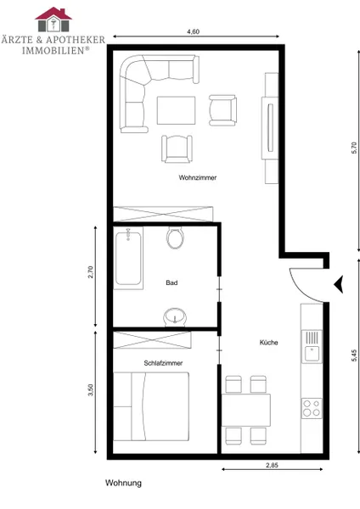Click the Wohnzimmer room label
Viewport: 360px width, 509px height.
point(198,177)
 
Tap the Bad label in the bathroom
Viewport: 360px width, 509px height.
point(172,282)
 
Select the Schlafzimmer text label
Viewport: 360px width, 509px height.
point(163,363)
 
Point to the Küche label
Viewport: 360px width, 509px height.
point(268,342)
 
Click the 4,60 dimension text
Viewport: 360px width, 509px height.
point(193,31)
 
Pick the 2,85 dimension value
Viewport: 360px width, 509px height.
point(272,465)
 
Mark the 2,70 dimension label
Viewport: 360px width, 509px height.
point(90,272)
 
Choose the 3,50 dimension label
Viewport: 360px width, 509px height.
point(90,390)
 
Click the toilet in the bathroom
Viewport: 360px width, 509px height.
point(176,238)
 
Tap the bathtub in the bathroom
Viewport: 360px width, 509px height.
point(128,258)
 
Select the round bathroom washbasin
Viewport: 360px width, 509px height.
point(175,316)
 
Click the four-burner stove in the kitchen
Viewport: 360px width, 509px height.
point(312,408)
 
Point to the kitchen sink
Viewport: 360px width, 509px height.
point(312,346)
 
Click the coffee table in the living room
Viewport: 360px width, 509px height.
point(177,110)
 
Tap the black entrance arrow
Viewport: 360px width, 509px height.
point(339,284)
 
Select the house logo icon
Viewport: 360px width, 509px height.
point(53,20)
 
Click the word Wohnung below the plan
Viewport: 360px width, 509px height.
point(123,483)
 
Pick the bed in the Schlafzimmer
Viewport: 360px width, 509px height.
point(151,406)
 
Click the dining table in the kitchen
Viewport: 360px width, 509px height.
point(246,410)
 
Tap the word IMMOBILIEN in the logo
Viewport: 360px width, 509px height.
point(53,51)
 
